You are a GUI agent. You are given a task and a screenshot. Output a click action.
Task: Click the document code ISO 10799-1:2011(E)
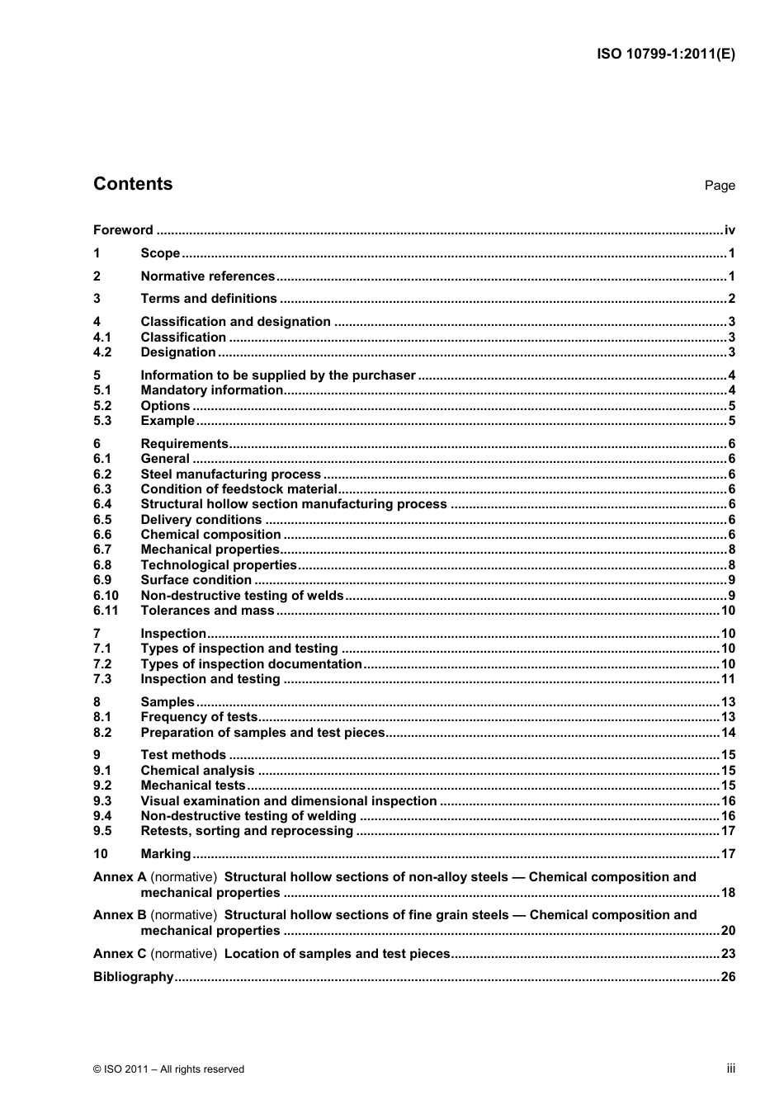click(x=665, y=54)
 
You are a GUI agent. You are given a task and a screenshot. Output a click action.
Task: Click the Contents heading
click(x=133, y=184)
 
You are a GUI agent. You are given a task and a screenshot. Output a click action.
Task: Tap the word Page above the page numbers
click(x=719, y=186)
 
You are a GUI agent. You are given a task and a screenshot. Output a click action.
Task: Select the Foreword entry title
click(x=123, y=230)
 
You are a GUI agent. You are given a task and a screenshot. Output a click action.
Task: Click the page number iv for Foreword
click(x=729, y=230)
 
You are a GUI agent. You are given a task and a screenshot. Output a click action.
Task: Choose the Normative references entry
click(x=207, y=276)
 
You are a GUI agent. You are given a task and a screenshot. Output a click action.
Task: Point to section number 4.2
click(x=102, y=352)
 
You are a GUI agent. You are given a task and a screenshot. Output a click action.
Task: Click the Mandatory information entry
click(x=211, y=390)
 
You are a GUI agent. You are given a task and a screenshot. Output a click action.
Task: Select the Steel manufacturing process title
click(x=230, y=474)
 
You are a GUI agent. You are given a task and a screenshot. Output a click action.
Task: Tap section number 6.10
click(x=106, y=596)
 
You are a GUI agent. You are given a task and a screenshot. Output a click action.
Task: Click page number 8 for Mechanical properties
click(x=731, y=550)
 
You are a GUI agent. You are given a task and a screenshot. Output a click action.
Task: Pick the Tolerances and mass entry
click(x=207, y=611)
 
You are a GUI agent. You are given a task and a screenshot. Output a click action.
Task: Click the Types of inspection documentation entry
click(x=251, y=664)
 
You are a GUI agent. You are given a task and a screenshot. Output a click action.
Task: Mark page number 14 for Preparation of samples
click(x=727, y=733)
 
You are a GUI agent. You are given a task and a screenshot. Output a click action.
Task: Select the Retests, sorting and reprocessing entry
click(x=247, y=831)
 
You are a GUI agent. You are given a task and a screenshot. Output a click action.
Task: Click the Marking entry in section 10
click(x=165, y=854)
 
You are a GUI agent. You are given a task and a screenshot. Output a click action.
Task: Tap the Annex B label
click(x=120, y=915)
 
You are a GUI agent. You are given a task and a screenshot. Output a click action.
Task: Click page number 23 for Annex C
click(x=727, y=954)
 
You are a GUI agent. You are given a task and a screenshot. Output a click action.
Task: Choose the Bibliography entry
click(x=133, y=977)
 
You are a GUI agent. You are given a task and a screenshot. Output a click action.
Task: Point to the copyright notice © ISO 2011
click(x=168, y=1069)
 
